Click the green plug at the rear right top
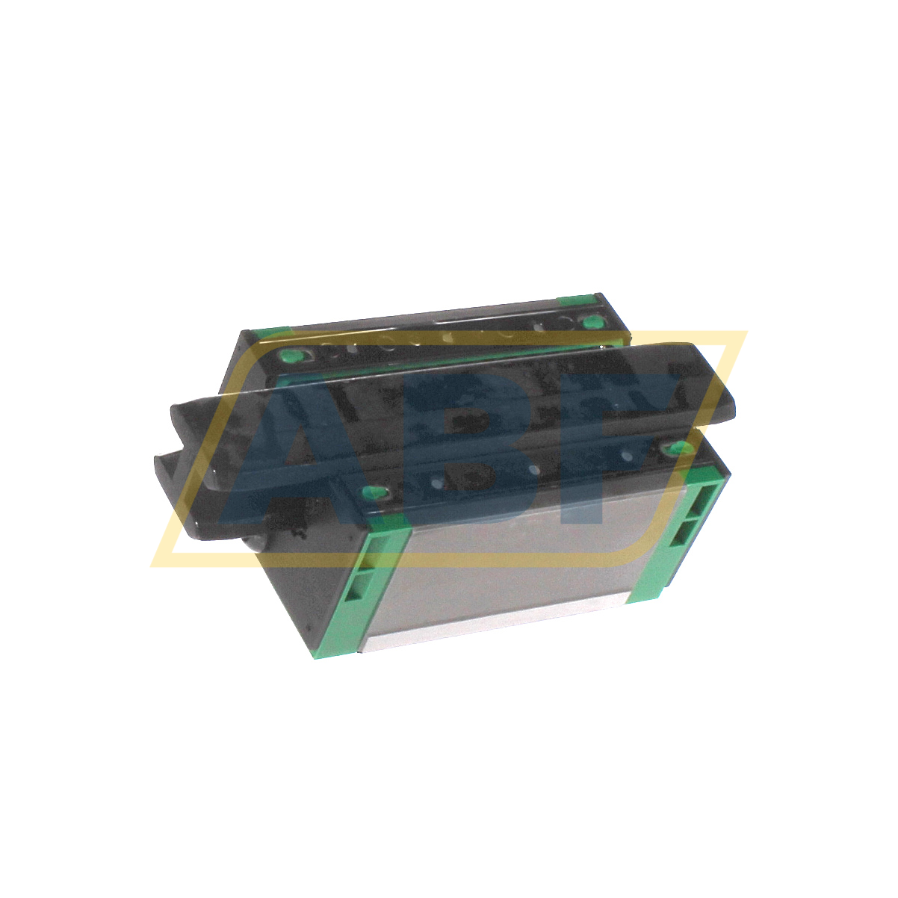592,323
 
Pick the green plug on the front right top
678,448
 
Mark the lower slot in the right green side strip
684,532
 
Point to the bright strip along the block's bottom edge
493,626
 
